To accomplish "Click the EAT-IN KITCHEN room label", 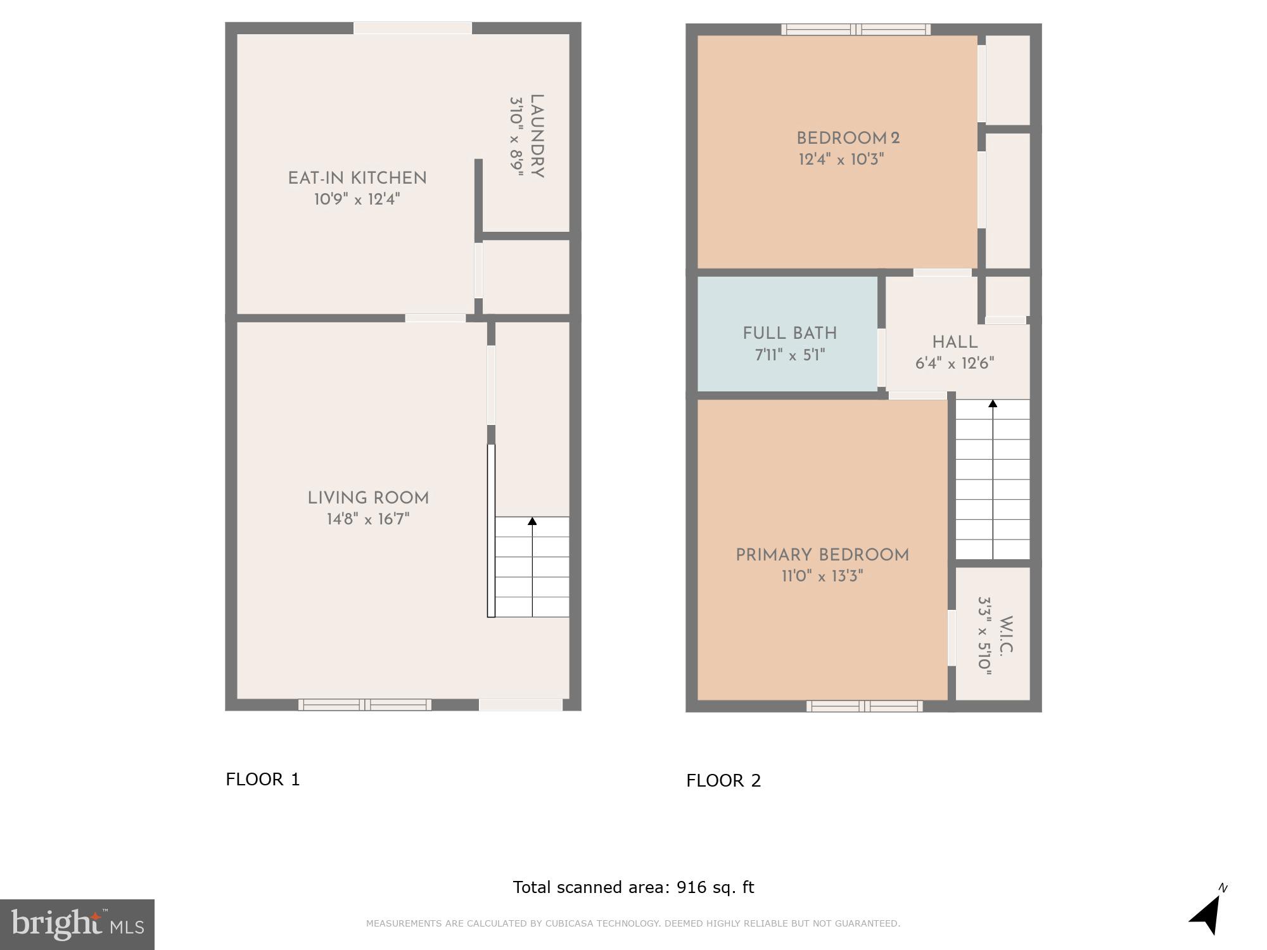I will (x=357, y=179).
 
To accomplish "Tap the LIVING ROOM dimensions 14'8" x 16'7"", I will (x=368, y=519).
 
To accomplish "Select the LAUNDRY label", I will (x=537, y=136).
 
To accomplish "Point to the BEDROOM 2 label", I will (x=848, y=139).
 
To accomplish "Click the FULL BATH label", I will (x=789, y=334).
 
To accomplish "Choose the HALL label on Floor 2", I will (x=955, y=343).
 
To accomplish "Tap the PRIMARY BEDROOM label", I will (x=822, y=555).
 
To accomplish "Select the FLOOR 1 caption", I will (x=263, y=779).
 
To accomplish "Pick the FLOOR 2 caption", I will (x=723, y=780).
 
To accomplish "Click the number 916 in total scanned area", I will (x=691, y=887).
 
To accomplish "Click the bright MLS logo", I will (x=77, y=924).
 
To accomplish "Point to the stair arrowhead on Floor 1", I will (x=532, y=521).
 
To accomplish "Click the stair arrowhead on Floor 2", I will (x=993, y=403).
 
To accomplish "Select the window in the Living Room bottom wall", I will (x=365, y=704).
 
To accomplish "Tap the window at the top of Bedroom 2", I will (x=856, y=29).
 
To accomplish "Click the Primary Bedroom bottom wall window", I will (x=864, y=706).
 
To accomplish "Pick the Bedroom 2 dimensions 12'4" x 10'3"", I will (x=841, y=159).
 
